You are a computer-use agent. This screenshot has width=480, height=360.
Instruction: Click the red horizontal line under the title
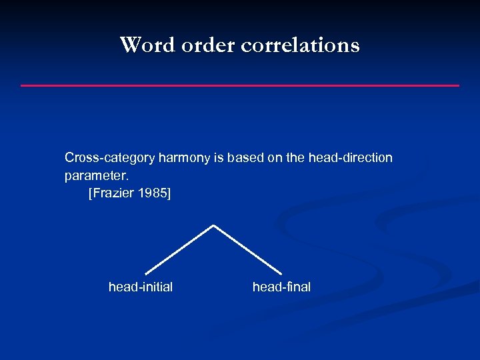240,85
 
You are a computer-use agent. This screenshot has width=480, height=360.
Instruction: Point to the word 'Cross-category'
109,158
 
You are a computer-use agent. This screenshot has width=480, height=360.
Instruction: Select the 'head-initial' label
141,287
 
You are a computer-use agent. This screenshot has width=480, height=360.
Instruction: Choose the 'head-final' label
281,287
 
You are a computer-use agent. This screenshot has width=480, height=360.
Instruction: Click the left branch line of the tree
179,249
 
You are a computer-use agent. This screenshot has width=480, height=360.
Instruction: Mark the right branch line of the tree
247,249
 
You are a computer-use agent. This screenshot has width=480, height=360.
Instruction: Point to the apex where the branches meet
213,225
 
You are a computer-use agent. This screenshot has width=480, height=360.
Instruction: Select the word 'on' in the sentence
273,158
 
